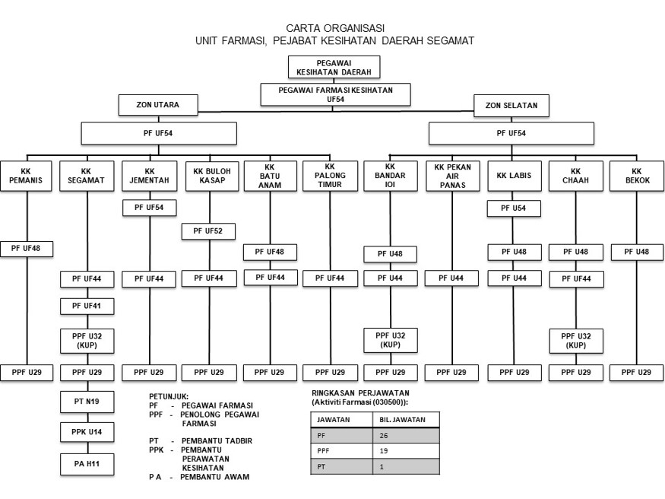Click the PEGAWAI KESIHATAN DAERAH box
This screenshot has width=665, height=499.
tap(333, 66)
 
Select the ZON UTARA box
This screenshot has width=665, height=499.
tap(158, 104)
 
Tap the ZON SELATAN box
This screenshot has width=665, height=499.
tap(511, 105)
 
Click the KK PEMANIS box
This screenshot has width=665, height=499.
tap(26, 176)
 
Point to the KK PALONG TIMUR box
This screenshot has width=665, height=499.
tap(329, 176)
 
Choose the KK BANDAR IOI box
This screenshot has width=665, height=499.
tap(390, 176)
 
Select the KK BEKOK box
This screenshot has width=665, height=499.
tap(636, 176)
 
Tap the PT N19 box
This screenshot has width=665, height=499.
tap(87, 401)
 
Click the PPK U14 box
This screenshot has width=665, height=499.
tap(87, 432)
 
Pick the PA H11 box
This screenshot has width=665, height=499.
tap(87, 463)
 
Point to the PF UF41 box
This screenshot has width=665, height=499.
tap(87, 306)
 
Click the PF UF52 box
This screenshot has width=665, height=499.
tap(208, 231)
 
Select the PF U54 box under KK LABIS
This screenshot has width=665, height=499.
tap(514, 208)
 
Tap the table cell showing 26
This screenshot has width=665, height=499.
tap(404, 435)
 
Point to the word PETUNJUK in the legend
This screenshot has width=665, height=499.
tap(169, 396)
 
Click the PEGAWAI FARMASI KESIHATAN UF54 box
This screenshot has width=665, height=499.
tap(335, 94)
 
